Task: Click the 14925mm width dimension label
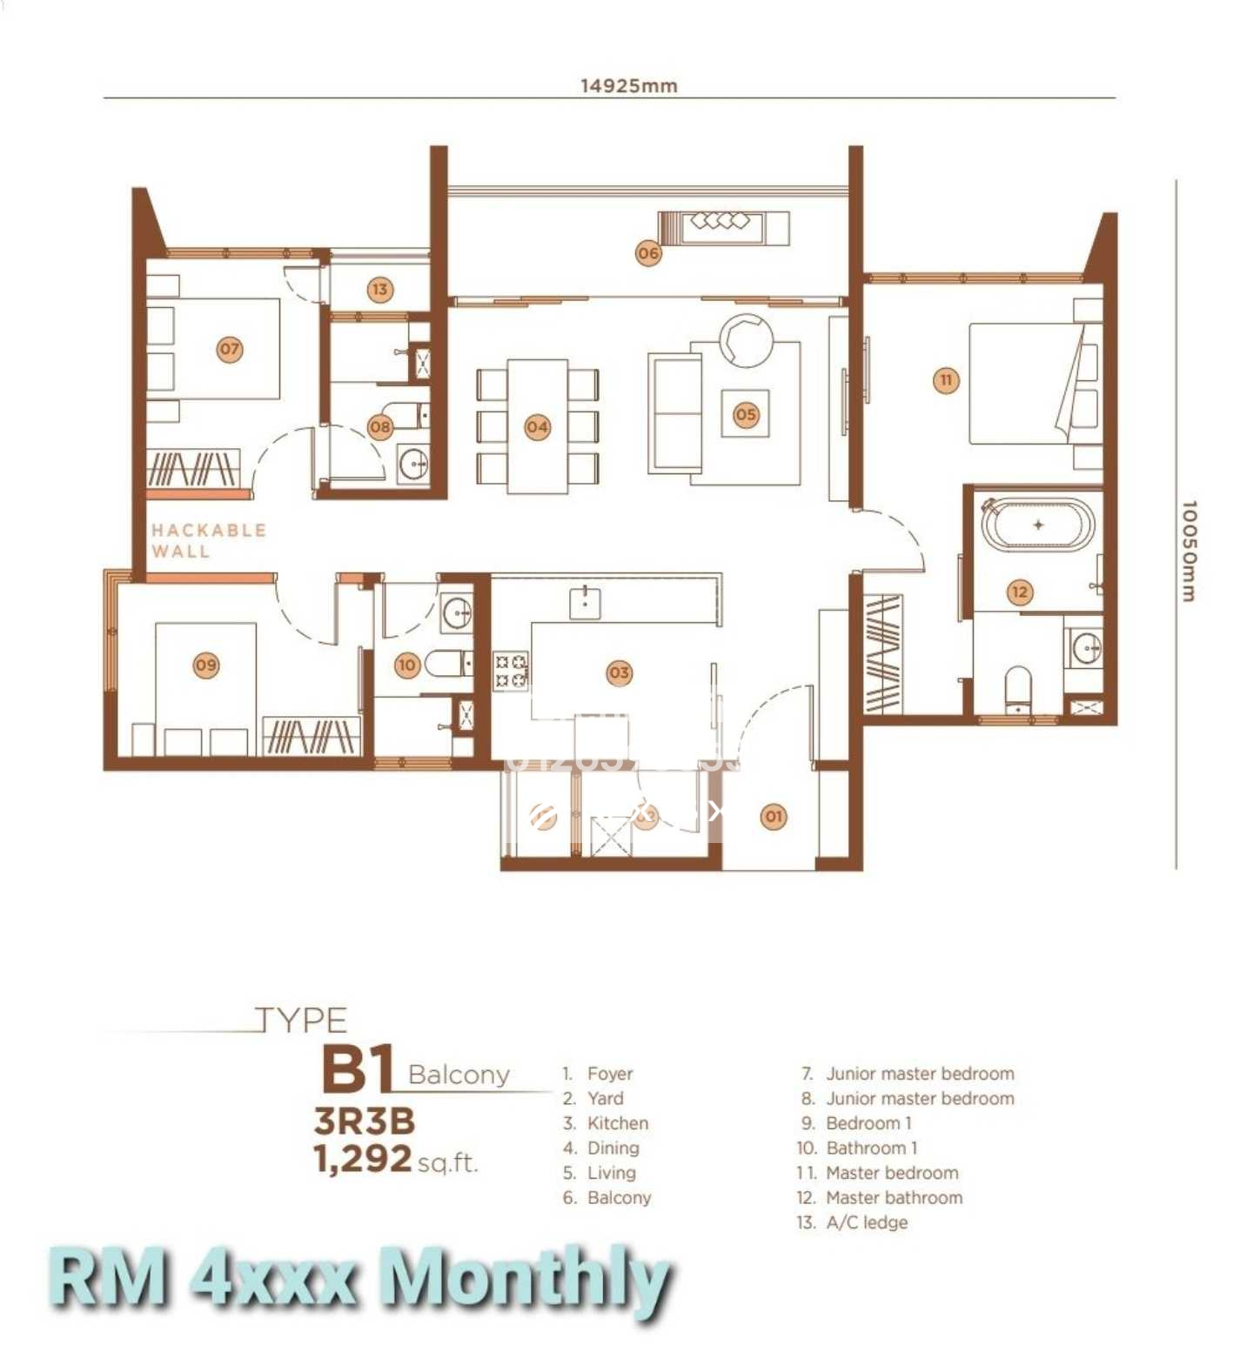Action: (x=628, y=85)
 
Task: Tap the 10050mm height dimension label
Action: (x=1189, y=550)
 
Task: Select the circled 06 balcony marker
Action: (x=648, y=253)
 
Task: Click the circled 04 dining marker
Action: (x=537, y=427)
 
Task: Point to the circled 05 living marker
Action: (x=746, y=415)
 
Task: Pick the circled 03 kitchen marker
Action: (x=619, y=672)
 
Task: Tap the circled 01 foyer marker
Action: (x=773, y=816)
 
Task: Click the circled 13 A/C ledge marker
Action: (x=380, y=290)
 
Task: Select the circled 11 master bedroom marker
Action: (x=946, y=380)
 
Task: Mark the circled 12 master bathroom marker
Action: (x=1019, y=592)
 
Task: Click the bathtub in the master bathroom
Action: (x=1037, y=525)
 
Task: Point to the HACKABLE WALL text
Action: (x=208, y=540)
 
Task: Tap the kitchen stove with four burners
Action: (x=511, y=672)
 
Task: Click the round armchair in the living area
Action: (x=746, y=340)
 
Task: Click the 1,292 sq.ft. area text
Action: (x=396, y=1160)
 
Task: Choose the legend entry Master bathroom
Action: (x=894, y=1198)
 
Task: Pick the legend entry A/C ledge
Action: (x=866, y=1222)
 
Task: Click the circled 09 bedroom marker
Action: (x=206, y=666)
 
